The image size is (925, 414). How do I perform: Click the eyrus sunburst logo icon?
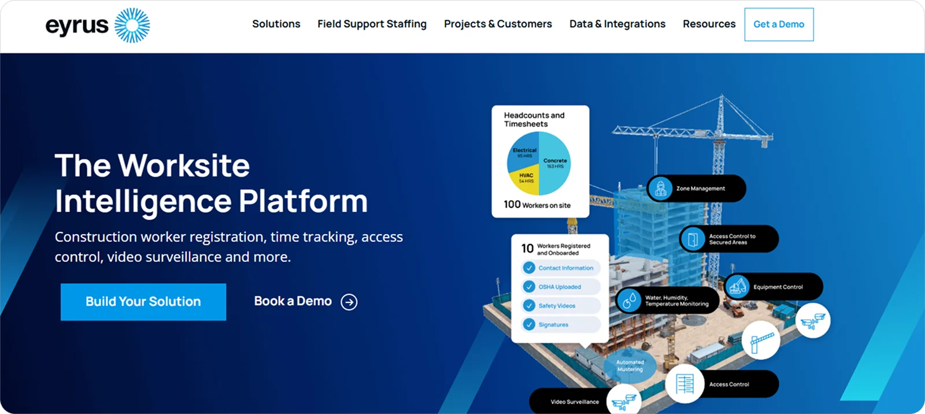(132, 25)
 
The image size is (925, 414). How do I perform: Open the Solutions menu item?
(276, 24)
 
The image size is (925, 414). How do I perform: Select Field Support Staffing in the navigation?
(372, 24)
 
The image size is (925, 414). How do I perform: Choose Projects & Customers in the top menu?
(498, 24)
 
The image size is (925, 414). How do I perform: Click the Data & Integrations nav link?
(617, 24)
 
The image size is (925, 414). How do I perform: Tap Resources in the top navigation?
(709, 24)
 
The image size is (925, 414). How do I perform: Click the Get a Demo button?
(779, 24)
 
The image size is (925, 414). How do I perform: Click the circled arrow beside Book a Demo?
(349, 302)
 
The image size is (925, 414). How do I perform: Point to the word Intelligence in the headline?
(143, 202)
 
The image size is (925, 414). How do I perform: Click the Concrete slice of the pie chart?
(555, 164)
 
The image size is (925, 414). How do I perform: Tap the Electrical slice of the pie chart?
(524, 152)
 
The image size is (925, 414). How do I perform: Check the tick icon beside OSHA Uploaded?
(529, 287)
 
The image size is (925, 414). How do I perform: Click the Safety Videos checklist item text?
(557, 306)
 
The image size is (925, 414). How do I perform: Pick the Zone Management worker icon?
(660, 188)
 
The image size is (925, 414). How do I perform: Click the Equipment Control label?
(778, 287)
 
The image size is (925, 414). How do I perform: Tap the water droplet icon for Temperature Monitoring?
(630, 300)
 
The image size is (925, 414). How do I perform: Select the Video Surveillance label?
(574, 402)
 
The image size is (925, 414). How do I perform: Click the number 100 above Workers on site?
(512, 204)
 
